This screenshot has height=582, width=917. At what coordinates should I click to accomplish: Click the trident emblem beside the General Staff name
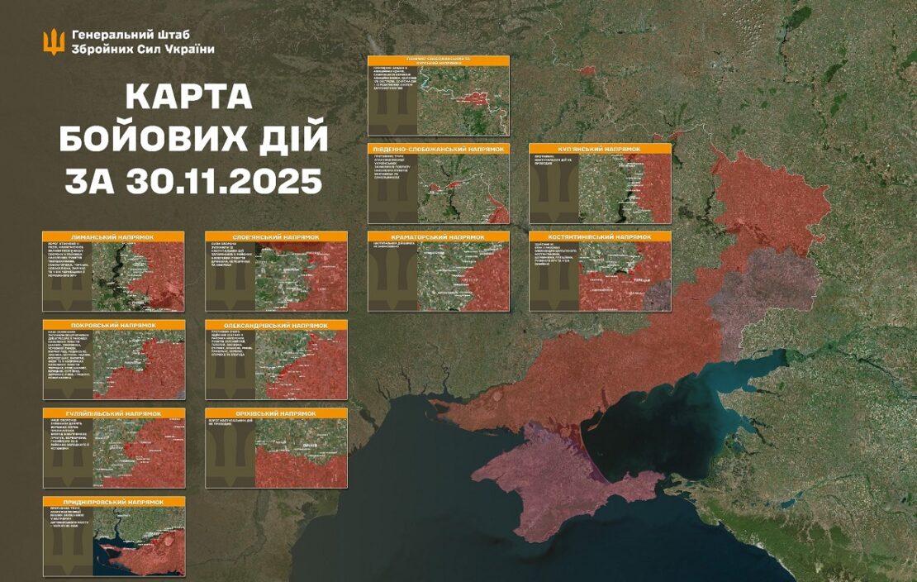pos(54,41)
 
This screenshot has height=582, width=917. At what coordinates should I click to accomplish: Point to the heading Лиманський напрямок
pos(113,237)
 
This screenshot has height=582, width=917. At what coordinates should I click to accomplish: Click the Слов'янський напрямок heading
pos(276,237)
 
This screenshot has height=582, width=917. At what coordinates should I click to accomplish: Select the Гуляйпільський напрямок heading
pos(113,413)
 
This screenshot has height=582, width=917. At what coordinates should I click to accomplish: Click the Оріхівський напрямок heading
pos(276,413)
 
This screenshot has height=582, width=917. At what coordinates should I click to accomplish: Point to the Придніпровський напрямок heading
pos(113,502)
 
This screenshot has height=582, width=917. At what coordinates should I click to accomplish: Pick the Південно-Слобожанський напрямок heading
pos(438,149)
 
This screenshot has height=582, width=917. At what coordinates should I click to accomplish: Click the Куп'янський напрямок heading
pos(600,149)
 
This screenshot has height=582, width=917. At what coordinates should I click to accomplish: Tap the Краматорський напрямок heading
pos(438,237)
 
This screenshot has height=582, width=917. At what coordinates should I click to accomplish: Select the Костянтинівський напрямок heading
pos(600,237)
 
